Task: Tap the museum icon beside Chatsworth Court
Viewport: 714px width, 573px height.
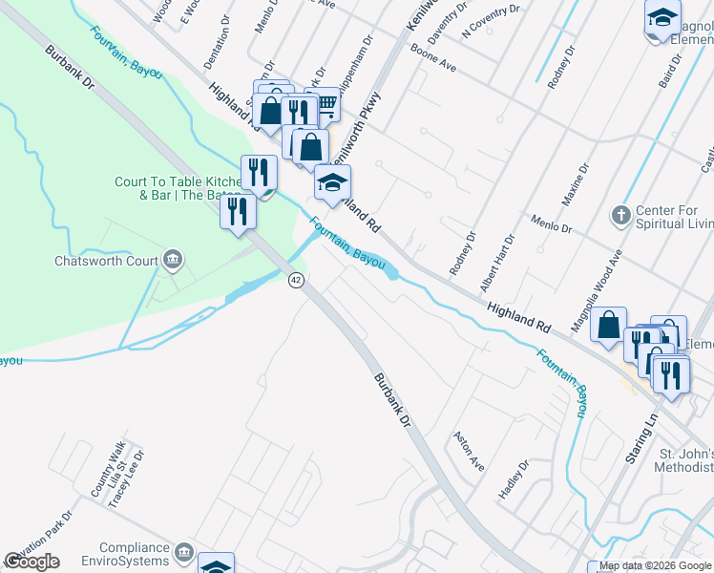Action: (173, 259)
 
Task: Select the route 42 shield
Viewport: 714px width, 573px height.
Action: (296, 279)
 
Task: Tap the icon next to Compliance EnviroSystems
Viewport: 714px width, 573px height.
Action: (184, 551)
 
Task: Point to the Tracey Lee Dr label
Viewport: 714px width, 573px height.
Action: (130, 480)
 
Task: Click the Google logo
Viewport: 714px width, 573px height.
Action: (32, 562)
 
